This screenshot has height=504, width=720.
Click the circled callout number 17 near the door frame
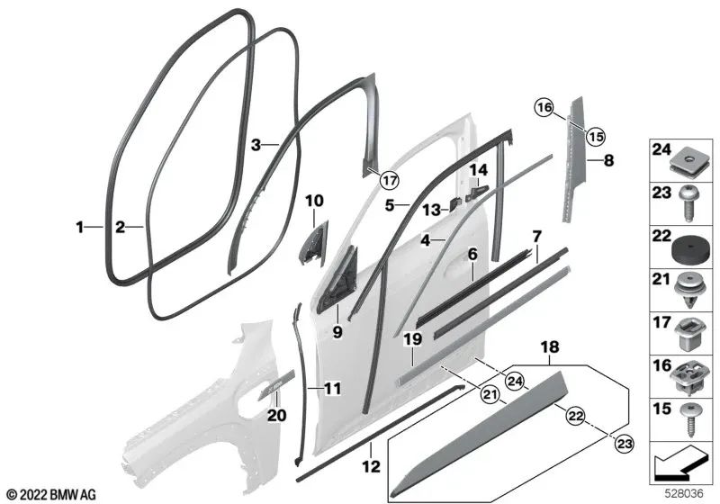tap(389, 180)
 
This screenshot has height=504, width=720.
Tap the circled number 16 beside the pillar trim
tap(544, 108)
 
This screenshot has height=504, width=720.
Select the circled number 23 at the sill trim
tap(625, 444)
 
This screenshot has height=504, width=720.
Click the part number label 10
tap(314, 201)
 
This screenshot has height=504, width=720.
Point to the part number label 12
tap(372, 467)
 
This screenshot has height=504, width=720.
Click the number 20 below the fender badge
tap(276, 416)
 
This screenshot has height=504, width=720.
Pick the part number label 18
tap(550, 347)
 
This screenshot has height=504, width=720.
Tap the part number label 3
tap(256, 145)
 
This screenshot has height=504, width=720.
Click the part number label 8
tap(608, 161)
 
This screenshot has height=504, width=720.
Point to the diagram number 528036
tap(684, 494)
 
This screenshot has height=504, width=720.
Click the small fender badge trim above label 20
tap(277, 384)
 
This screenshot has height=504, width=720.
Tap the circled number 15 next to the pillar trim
tap(595, 136)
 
